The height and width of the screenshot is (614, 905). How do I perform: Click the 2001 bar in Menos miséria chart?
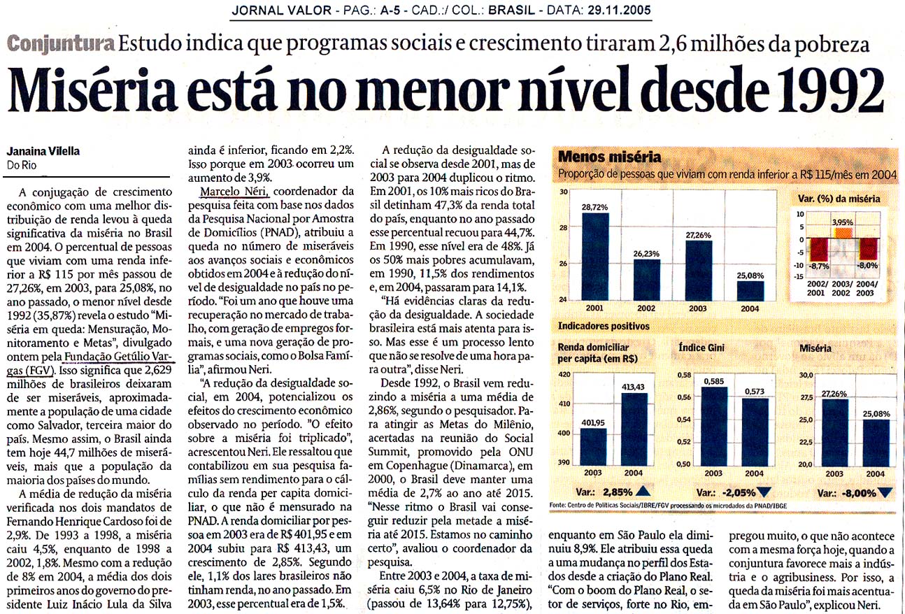pos(595,257)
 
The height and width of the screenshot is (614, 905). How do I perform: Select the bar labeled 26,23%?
pos(646,280)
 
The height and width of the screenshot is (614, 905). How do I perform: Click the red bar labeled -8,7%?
pos(818,250)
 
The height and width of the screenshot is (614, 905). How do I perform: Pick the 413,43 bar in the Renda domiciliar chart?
pos(634,429)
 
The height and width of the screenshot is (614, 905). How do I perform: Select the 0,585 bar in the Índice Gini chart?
pos(714,426)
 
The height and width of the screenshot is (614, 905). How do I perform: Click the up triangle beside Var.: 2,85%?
pos(643,491)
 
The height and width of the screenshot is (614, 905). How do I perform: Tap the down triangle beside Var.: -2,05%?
pos(764,492)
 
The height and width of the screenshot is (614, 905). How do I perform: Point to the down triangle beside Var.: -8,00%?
pos(885,492)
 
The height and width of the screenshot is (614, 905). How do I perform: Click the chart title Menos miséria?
pos(609,157)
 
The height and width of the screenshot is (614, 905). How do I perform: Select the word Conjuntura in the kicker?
pos(61,43)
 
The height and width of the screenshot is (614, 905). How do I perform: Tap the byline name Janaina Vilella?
pos(43,151)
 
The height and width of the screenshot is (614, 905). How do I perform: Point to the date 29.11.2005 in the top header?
pos(620,10)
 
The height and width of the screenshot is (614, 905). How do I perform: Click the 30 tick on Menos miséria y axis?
pos(564,192)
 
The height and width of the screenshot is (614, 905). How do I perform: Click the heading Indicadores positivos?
pos(604,326)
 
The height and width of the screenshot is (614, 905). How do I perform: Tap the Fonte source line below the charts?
pos(668,506)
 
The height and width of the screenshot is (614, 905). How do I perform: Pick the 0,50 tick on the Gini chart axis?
pos(683,464)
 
